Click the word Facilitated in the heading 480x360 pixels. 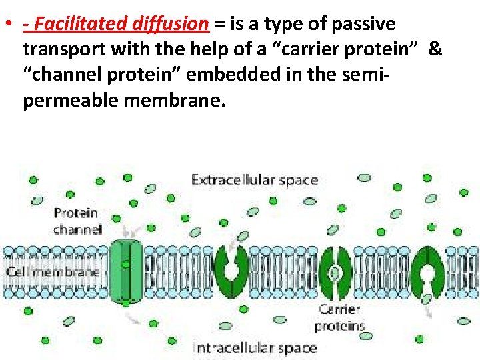tap(75, 25)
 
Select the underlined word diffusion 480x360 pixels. tap(171, 25)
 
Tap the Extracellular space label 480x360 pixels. tap(255, 180)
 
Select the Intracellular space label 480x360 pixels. tap(255, 347)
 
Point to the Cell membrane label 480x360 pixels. tap(52, 272)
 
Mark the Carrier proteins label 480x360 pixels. tap(339, 318)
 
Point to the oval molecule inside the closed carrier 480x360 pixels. tap(335, 273)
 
